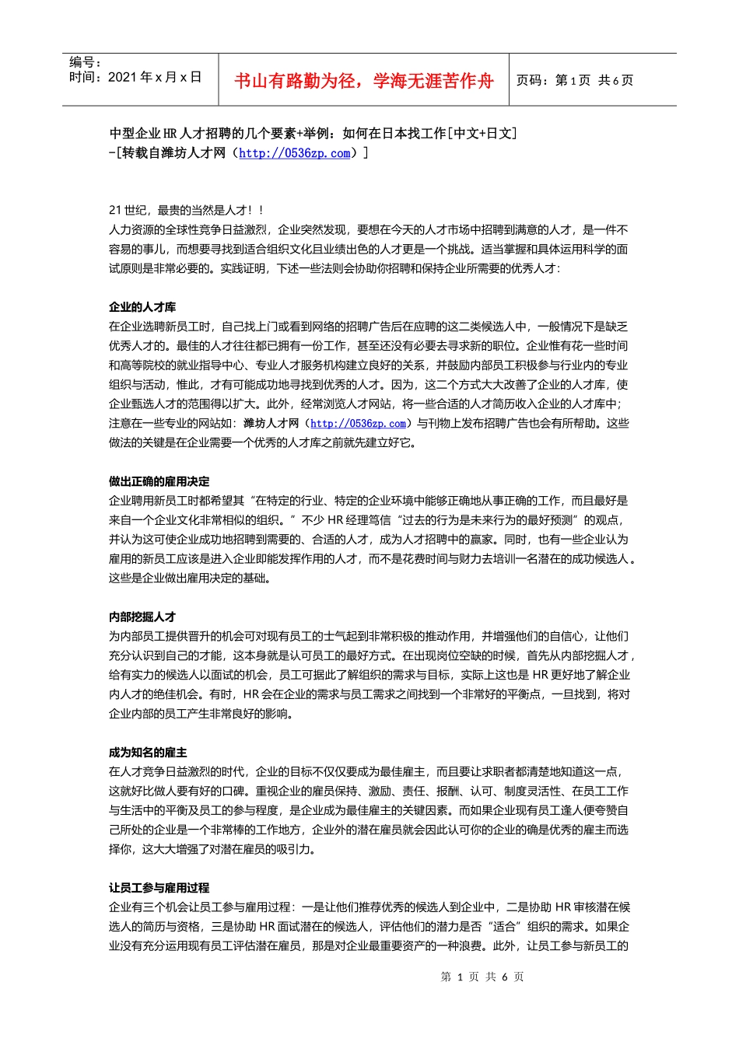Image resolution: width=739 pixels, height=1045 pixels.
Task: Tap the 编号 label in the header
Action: (85, 61)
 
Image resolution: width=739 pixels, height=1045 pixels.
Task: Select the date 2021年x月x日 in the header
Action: (135, 77)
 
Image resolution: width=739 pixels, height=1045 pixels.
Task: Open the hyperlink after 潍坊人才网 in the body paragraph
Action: (358, 424)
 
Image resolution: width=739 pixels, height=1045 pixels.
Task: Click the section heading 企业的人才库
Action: (142, 307)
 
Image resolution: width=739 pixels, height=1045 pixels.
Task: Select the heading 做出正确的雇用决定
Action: (159, 481)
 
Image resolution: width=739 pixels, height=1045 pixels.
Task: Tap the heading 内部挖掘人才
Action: (142, 617)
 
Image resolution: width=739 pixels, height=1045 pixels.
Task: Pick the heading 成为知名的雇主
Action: (148, 753)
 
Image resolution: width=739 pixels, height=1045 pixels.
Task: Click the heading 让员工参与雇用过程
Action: (159, 888)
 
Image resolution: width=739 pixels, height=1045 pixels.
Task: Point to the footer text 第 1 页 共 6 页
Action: (482, 977)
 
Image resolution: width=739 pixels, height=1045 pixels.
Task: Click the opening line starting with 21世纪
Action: (187, 210)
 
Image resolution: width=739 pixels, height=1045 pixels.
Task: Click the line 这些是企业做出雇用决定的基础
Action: (191, 578)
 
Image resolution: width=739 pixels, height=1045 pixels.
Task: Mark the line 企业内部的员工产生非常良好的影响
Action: (201, 714)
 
